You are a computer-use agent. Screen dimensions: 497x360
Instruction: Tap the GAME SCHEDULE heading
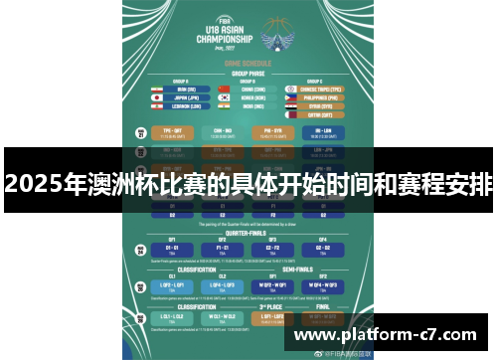(x=249, y=62)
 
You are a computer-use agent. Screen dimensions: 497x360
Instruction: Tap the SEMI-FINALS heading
(x=298, y=270)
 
